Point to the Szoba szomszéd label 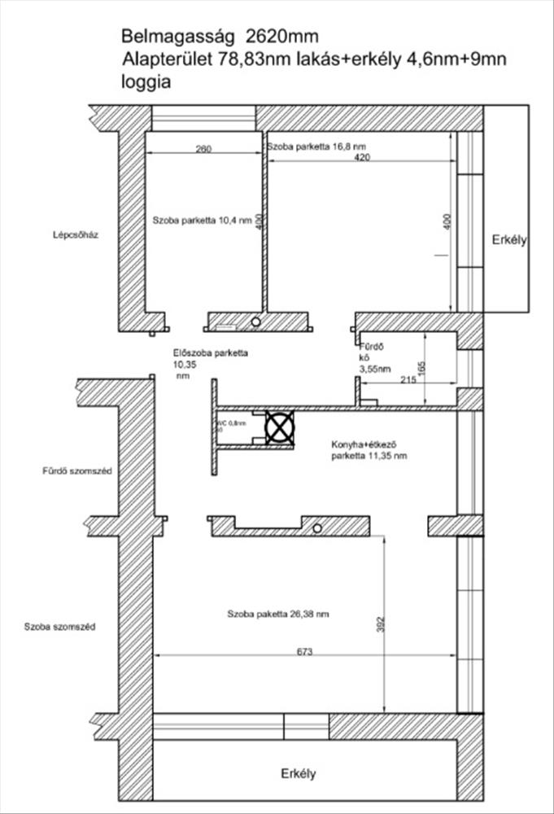point(60,627)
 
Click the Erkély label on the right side point(510,240)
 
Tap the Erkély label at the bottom point(298,773)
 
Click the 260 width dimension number point(203,149)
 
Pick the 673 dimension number point(305,651)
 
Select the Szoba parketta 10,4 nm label point(203,220)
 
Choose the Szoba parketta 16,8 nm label point(310,147)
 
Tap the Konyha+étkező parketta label point(369,451)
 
